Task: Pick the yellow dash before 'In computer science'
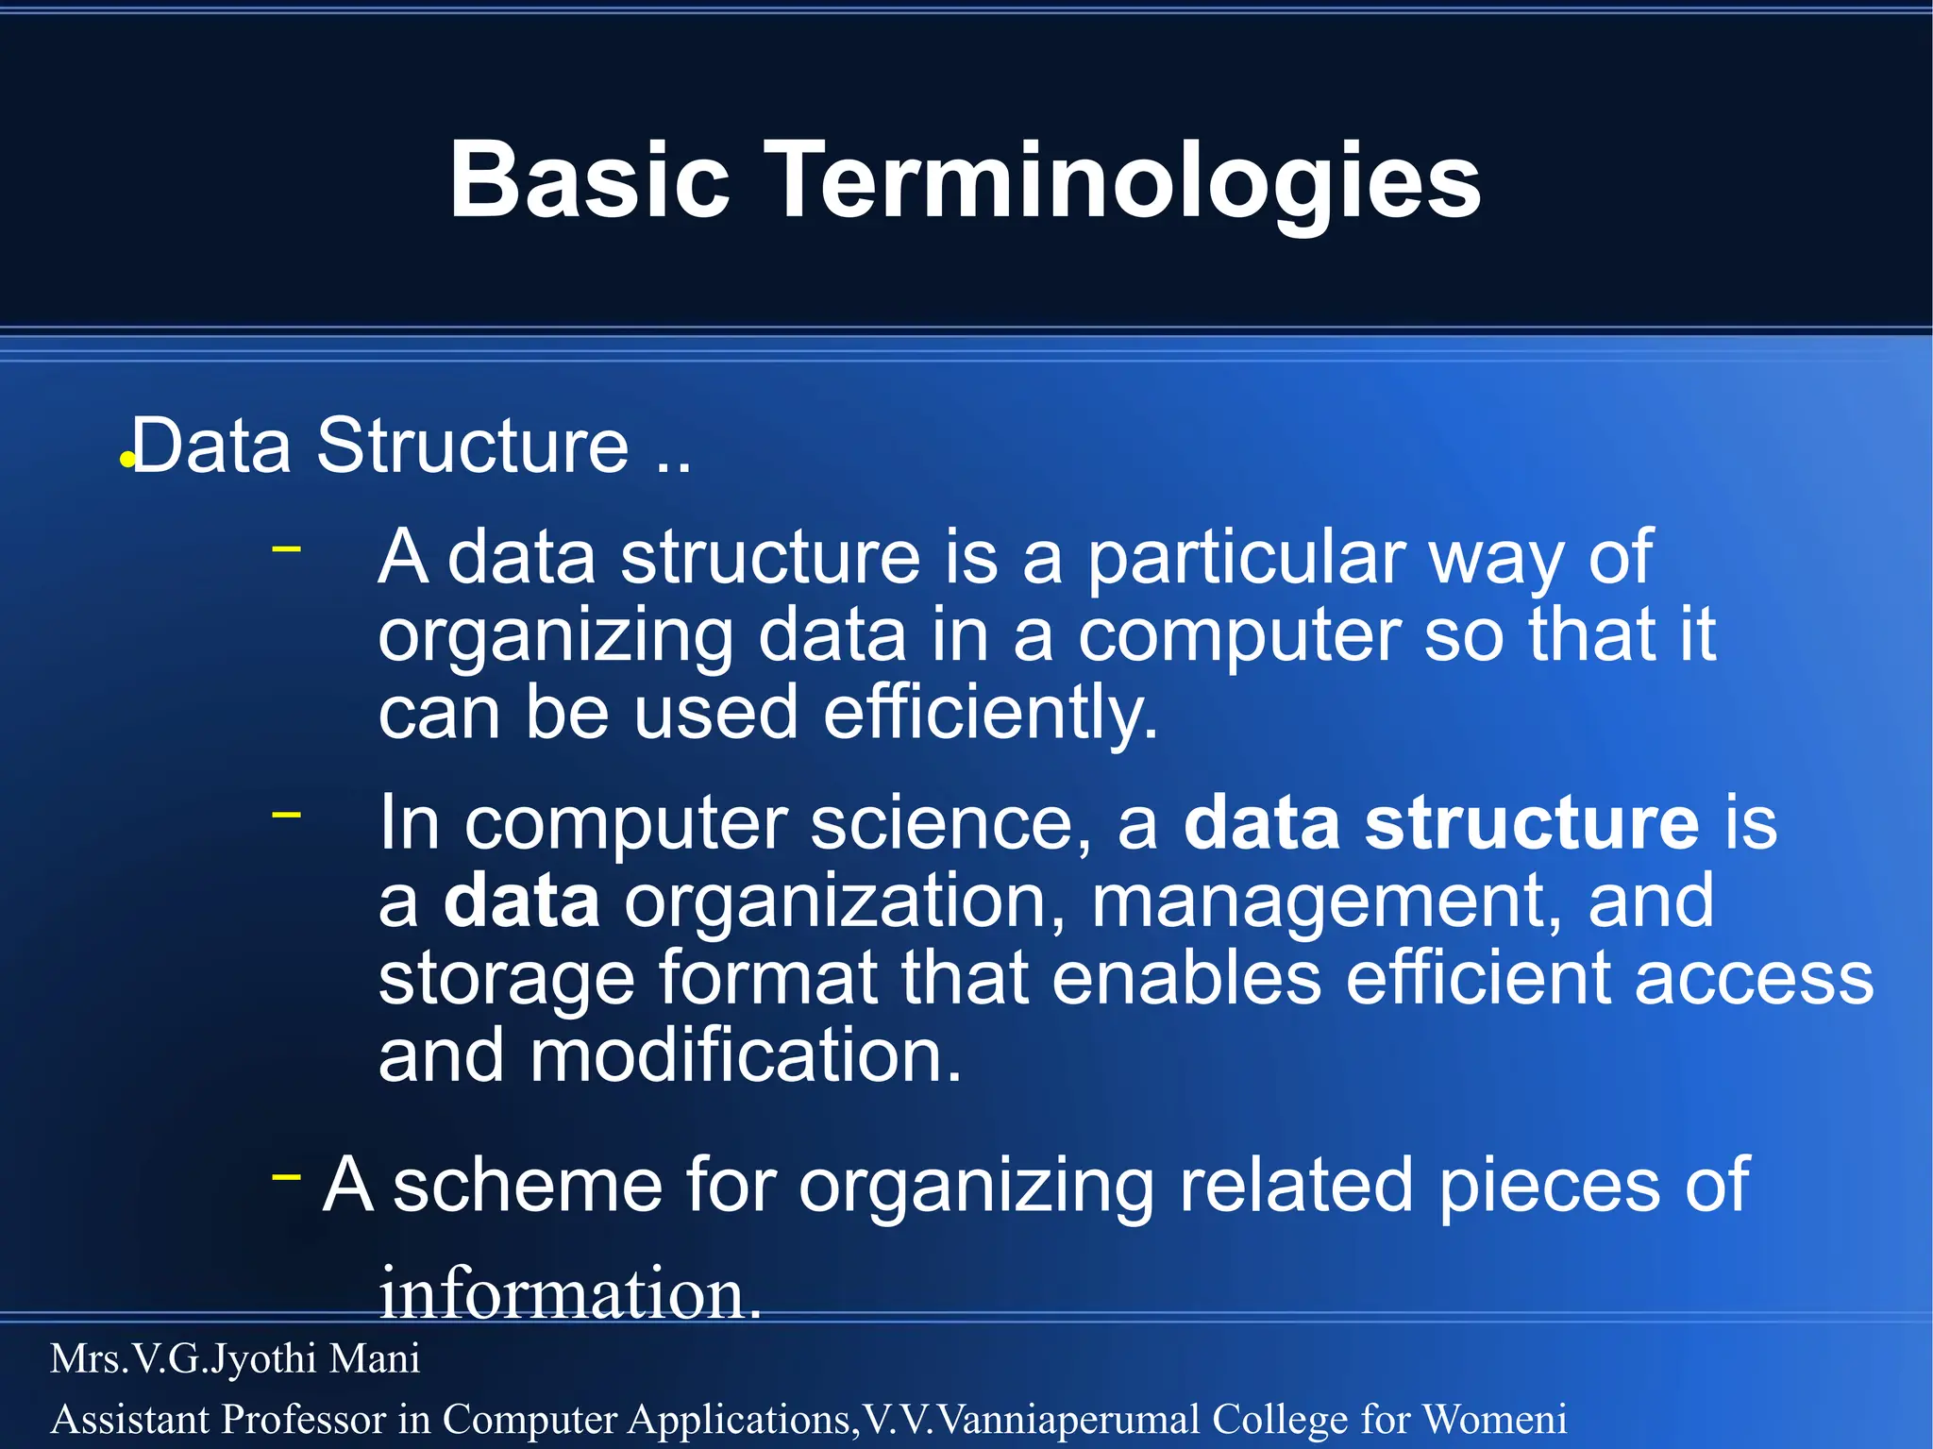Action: (x=286, y=813)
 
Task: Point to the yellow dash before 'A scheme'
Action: (x=286, y=1175)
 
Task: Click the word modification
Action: (x=746, y=1055)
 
